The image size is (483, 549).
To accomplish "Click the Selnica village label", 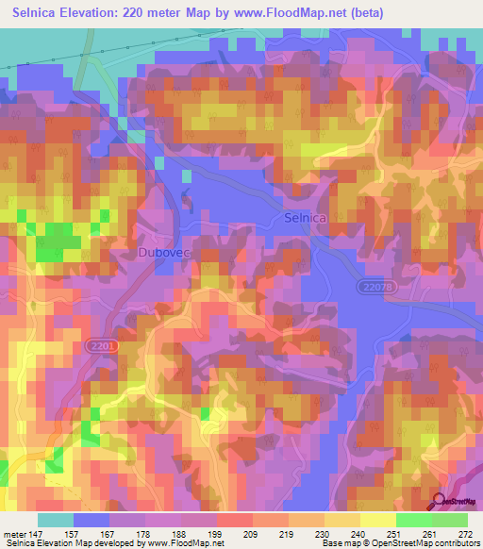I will point(305,218).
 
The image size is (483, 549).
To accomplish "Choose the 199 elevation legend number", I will point(215,532).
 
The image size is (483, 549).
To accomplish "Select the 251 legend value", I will point(393,532).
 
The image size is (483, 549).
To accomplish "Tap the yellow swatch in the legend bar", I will point(377,520).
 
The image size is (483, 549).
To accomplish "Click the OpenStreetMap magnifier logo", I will point(440,501).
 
